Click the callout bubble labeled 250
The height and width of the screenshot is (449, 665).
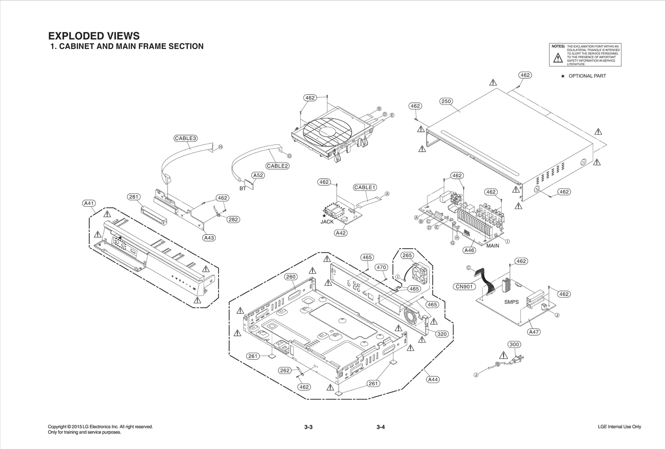pos(446,101)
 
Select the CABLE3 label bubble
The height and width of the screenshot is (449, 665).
pos(185,138)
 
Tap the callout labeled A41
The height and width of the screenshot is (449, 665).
pos(89,203)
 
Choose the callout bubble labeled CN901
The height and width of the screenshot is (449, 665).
pos(464,286)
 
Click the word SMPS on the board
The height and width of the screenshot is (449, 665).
pos(511,302)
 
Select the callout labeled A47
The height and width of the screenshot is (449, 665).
pos(534,332)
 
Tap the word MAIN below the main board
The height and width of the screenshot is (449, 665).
pos(493,246)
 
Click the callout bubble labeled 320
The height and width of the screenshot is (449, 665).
pos(442,334)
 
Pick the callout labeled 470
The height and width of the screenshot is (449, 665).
pos(381,267)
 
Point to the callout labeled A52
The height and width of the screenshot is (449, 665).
pos(258,175)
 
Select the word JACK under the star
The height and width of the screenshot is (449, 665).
pos(327,222)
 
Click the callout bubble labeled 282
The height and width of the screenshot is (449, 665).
pos(234,220)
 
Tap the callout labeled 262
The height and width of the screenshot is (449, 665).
pos(285,370)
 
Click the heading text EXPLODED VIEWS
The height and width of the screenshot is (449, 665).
pos(94,36)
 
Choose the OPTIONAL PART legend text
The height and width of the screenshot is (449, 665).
pos(587,76)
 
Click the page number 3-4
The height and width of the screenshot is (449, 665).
pos(381,427)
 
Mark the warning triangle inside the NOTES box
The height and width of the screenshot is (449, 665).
pos(558,58)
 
